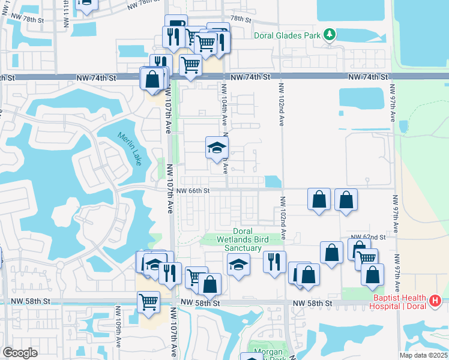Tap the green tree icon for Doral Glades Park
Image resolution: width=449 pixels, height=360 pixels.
(x=329, y=35)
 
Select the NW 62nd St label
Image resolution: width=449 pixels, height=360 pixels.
(x=367, y=238)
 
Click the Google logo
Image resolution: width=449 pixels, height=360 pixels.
(x=20, y=353)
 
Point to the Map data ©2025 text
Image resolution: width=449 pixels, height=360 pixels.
(x=423, y=355)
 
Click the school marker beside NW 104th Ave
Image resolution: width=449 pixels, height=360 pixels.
(x=217, y=148)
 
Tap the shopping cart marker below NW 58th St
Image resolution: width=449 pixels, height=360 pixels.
(x=148, y=302)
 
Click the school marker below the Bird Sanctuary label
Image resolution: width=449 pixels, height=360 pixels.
(x=238, y=264)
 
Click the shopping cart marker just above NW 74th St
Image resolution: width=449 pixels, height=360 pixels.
(x=191, y=64)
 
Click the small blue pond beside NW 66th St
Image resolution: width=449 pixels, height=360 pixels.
(x=273, y=181)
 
